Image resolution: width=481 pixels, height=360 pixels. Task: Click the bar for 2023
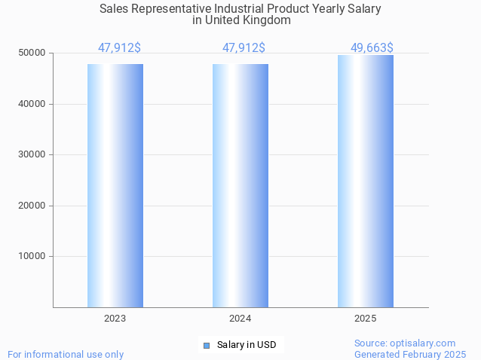click(x=115, y=185)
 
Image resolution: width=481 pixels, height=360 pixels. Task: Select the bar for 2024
click(x=240, y=185)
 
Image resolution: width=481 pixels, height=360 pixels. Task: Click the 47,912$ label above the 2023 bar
click(x=119, y=48)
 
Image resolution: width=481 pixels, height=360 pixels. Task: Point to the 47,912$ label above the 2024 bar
click(x=244, y=48)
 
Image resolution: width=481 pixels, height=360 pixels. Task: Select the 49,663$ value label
click(x=372, y=48)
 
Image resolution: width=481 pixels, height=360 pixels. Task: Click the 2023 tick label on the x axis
click(x=115, y=319)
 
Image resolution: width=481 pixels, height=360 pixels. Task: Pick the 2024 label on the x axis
click(x=240, y=319)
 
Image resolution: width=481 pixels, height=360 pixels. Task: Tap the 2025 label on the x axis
click(x=366, y=319)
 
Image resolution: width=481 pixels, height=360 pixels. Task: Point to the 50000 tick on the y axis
click(x=32, y=53)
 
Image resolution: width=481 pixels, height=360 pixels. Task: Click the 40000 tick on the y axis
click(x=32, y=104)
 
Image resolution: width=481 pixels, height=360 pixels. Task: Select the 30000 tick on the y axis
click(x=32, y=154)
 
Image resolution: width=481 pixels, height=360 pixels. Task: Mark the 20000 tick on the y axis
click(x=32, y=206)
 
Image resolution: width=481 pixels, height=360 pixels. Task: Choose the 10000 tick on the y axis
click(x=32, y=256)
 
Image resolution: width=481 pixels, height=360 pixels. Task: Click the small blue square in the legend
click(x=207, y=346)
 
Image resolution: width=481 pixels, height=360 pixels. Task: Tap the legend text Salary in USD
click(x=247, y=346)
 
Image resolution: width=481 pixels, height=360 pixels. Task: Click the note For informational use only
click(x=66, y=354)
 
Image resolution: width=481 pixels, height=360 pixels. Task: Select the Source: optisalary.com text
click(x=405, y=343)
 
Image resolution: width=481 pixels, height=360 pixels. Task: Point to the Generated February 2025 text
click(x=410, y=354)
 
